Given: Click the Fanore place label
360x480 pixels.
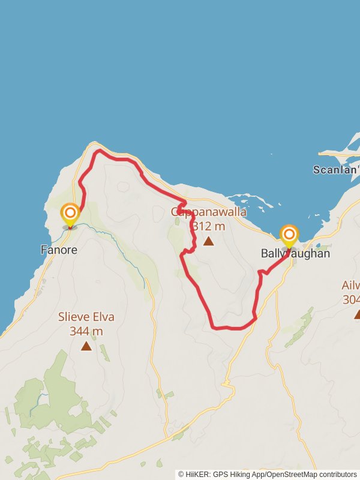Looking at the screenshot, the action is click(59, 250).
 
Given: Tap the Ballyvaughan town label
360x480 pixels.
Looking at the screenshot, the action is click(295, 254).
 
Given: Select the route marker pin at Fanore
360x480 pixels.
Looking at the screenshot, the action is click(70, 215).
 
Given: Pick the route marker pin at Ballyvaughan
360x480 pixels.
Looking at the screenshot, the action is click(289, 235).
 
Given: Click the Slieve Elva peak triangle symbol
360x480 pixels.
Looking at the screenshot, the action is click(86, 346).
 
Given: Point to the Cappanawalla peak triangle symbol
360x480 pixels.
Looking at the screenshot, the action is click(208, 241).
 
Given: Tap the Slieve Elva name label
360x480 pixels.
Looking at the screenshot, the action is click(86, 317).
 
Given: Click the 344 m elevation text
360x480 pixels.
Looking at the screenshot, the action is click(86, 331).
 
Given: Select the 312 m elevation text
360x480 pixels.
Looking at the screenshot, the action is click(209, 226).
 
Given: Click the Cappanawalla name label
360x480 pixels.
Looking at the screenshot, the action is click(209, 212).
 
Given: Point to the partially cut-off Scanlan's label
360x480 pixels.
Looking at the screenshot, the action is click(336, 170).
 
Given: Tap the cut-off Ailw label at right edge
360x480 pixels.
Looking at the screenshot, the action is click(351, 286).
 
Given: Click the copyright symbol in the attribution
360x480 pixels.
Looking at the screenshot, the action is click(181, 474).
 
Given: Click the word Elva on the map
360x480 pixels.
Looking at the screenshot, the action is click(101, 317).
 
